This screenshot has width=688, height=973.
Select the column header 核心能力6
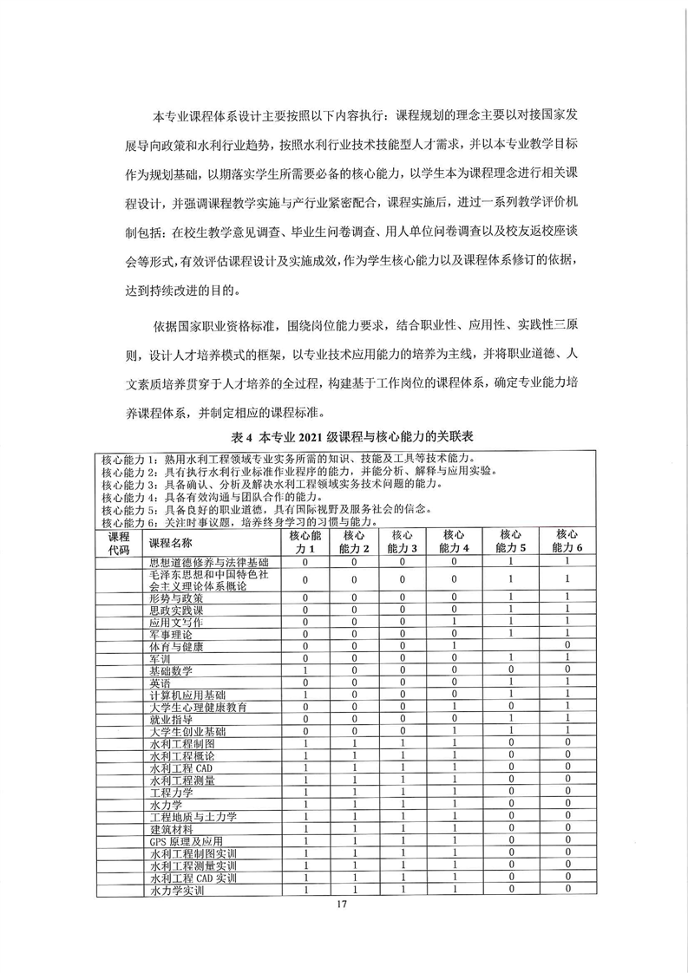[567, 542]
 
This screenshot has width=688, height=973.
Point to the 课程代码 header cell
[118, 542]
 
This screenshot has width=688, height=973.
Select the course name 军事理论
[174, 634]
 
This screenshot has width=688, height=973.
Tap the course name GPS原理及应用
[186, 841]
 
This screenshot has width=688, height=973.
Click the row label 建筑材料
[171, 829]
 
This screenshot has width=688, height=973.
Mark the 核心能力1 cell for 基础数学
[305, 670]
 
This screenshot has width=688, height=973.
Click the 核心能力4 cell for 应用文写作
[455, 622]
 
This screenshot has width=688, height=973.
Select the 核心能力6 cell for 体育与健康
[567, 646]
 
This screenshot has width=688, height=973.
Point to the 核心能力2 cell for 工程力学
[354, 792]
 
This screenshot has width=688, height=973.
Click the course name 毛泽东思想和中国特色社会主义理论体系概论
[199, 580]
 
